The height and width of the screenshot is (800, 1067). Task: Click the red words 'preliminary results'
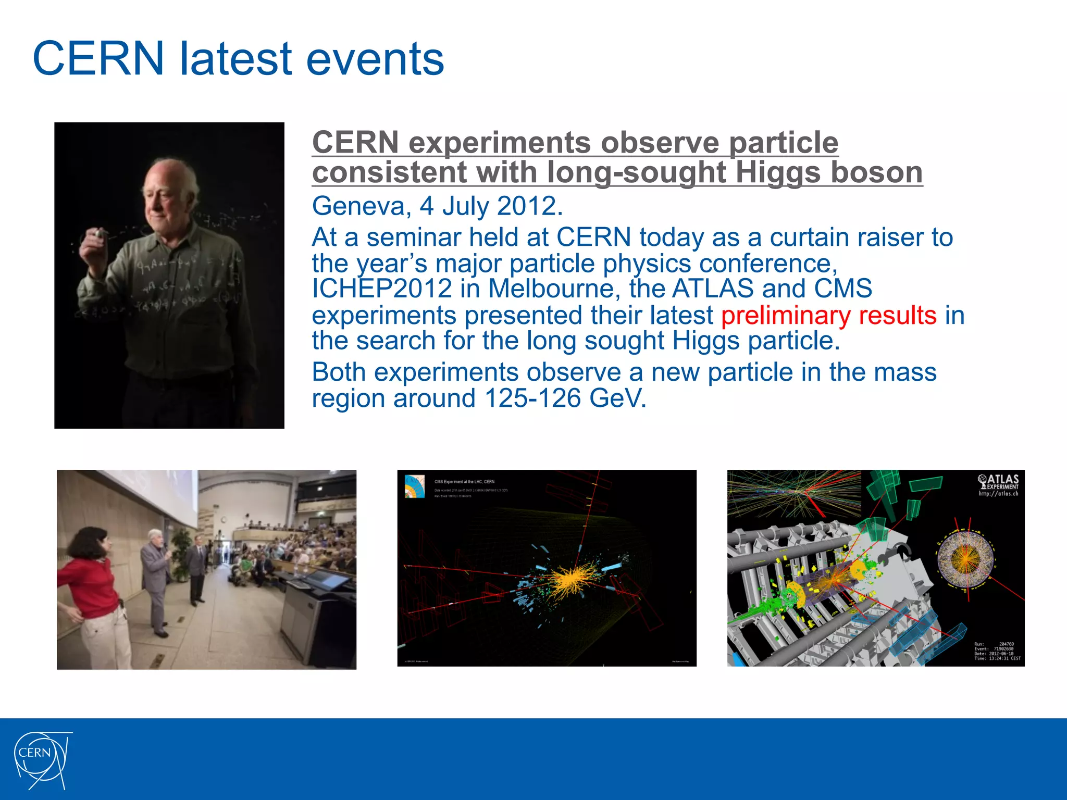tap(828, 316)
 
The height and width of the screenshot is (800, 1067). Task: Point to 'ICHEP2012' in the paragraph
tap(381, 289)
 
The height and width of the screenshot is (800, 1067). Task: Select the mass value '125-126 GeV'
tap(565, 399)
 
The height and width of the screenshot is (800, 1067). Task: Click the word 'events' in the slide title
tap(375, 58)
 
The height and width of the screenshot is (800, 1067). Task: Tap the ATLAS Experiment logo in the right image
tap(998, 484)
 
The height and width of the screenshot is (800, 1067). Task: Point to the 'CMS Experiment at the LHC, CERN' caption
tap(464, 482)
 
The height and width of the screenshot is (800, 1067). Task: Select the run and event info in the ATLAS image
tap(997, 651)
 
